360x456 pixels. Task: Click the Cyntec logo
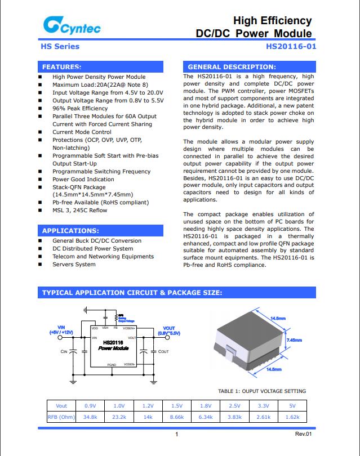click(64, 25)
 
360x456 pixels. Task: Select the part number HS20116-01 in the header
click(291, 46)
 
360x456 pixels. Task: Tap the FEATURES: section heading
click(62, 66)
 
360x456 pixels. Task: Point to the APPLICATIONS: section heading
click(70, 231)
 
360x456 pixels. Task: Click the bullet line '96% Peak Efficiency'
click(80, 108)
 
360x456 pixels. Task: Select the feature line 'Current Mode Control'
click(82, 132)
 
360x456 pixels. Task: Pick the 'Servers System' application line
click(74, 264)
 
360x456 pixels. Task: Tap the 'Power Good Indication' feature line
click(83, 180)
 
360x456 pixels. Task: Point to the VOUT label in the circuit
click(168, 328)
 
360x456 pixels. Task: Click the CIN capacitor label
click(64, 352)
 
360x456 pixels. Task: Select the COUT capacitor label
click(163, 352)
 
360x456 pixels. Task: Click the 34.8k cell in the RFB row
click(90, 417)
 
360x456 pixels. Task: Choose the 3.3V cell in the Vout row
click(263, 405)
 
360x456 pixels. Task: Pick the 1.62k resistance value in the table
click(292, 417)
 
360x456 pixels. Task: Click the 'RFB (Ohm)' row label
click(61, 417)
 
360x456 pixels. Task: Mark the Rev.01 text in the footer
click(303, 434)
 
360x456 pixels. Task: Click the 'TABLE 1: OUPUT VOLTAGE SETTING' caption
click(262, 391)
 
